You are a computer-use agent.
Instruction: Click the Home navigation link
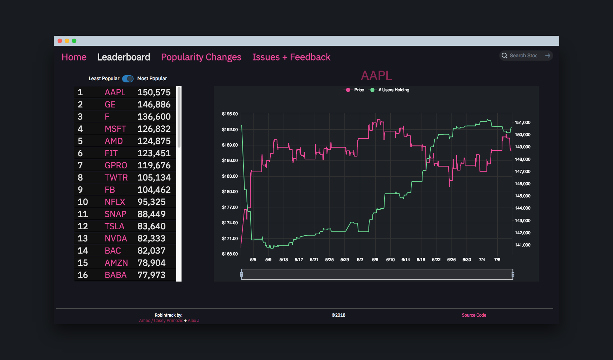(x=74, y=57)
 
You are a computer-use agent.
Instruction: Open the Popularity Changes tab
(x=201, y=57)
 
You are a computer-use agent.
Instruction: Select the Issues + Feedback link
(x=291, y=57)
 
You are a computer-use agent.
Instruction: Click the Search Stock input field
(x=523, y=56)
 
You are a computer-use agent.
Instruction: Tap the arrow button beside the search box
(x=547, y=56)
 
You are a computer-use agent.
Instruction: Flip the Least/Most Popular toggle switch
(x=128, y=79)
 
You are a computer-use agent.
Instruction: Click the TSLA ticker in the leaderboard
(x=114, y=226)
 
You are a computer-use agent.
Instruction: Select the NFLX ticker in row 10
(x=115, y=202)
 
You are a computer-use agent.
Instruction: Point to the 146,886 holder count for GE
(x=154, y=105)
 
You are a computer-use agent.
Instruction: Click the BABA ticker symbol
(x=115, y=275)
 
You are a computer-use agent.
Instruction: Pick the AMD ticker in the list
(x=114, y=141)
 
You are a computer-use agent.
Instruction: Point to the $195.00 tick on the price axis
(x=230, y=114)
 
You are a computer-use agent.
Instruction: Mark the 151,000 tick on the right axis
(x=522, y=123)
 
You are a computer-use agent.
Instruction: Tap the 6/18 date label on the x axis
(x=421, y=260)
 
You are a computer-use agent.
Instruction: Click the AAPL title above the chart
(x=376, y=76)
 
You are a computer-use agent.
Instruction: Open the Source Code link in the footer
(x=474, y=315)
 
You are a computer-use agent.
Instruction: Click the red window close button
(x=60, y=41)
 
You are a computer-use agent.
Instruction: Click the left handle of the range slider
(x=242, y=274)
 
